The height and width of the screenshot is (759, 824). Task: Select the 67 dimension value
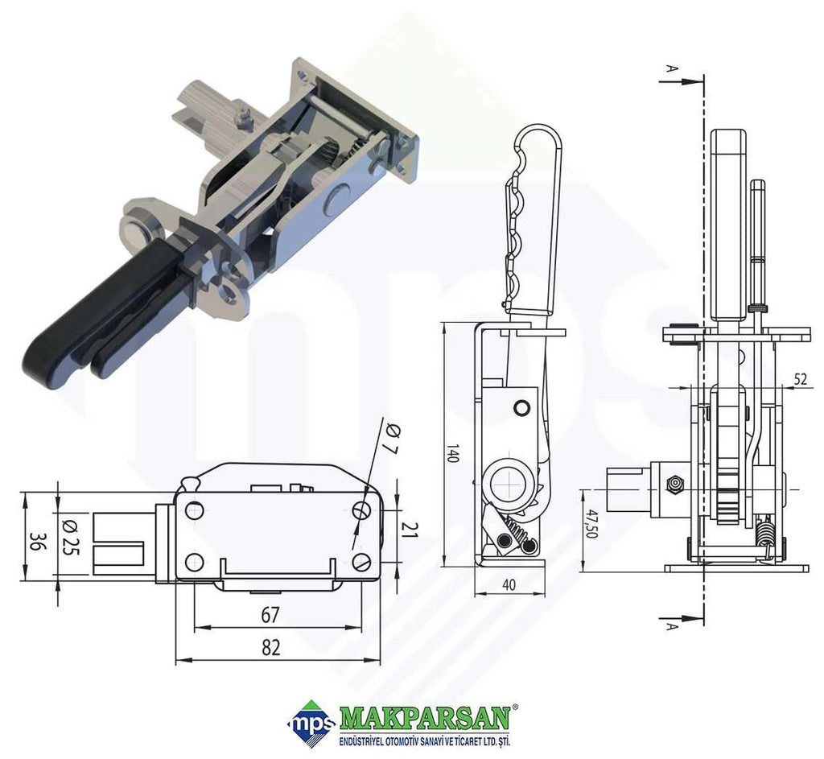[x=270, y=614]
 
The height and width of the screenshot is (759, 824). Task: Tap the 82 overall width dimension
[x=270, y=647]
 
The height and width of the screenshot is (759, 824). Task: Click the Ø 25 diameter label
[x=68, y=537]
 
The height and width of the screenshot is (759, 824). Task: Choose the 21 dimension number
[x=410, y=530]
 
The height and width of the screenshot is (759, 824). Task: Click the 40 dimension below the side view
[x=509, y=584]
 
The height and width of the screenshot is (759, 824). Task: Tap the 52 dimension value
[x=800, y=378]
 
